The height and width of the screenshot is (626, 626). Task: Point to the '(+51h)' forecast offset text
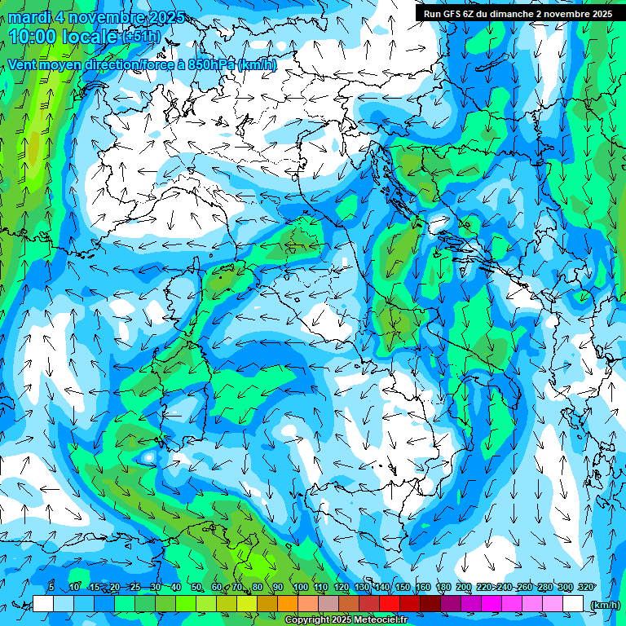tap(141, 37)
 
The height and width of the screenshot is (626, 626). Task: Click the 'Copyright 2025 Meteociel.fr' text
tap(346, 620)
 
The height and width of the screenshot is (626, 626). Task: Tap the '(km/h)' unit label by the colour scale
tap(604, 605)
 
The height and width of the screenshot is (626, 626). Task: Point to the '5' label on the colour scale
tap(51, 588)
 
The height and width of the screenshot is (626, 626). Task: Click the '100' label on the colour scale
tap(301, 588)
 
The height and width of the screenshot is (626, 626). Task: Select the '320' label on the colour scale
tap(585, 588)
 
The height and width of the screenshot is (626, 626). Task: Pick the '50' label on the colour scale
tap(196, 588)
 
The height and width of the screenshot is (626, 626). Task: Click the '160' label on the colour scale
tap(422, 588)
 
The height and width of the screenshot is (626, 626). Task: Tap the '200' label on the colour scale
tap(464, 588)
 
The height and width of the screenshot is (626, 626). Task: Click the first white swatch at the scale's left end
tap(43, 604)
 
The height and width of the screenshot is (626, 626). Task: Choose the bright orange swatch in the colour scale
tap(287, 604)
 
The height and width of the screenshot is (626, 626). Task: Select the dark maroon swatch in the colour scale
tap(430, 604)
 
